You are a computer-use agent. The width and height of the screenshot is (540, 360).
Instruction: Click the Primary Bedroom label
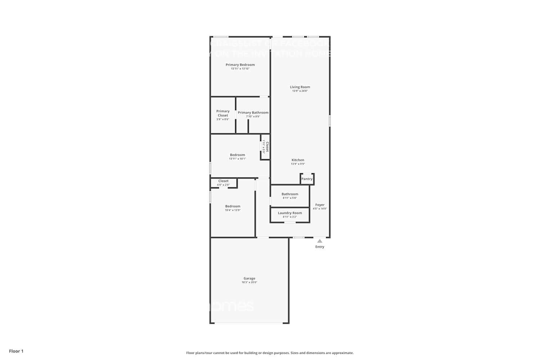click(x=240, y=65)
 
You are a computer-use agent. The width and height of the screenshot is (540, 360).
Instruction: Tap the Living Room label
click(x=300, y=87)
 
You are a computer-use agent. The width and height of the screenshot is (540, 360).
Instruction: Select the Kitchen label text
click(x=298, y=160)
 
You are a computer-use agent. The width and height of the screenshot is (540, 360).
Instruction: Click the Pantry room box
click(x=307, y=179)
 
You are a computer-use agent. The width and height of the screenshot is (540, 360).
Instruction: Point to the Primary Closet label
click(x=223, y=113)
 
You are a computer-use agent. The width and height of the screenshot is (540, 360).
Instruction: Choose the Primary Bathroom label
click(x=253, y=113)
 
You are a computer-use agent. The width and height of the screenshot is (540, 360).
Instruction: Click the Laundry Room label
click(x=290, y=213)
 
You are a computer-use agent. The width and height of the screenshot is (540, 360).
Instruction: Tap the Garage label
click(x=249, y=279)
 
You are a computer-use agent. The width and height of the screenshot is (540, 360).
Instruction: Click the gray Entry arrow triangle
click(x=320, y=241)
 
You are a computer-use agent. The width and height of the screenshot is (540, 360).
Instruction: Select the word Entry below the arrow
click(x=320, y=247)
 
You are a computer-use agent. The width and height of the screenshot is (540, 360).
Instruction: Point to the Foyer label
click(x=320, y=205)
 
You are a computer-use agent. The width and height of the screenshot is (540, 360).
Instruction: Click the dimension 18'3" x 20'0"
click(x=249, y=283)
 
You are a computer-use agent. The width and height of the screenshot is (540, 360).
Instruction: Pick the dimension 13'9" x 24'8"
click(x=300, y=91)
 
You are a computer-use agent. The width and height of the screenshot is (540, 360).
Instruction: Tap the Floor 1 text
click(x=16, y=351)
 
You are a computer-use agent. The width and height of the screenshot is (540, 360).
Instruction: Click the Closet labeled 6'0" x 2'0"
click(x=223, y=181)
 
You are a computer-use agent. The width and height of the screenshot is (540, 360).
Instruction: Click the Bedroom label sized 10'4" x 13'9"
click(x=233, y=206)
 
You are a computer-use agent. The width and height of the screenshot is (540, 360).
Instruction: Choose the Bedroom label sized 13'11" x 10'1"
click(x=237, y=155)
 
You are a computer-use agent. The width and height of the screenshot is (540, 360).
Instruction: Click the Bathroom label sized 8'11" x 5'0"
click(x=290, y=194)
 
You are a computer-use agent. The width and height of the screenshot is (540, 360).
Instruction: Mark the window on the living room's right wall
click(x=329, y=121)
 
